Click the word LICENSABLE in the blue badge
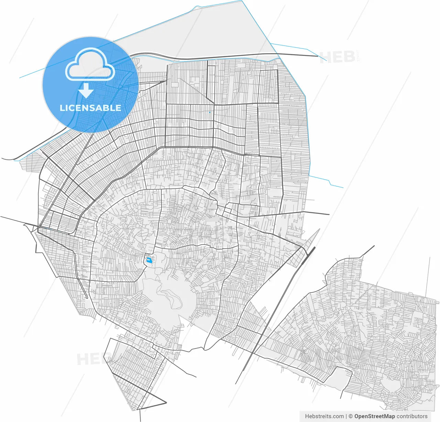[x=90, y=108]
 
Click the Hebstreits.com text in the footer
[x=324, y=416]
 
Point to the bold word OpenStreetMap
[x=374, y=416]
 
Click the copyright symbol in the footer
[x=351, y=416]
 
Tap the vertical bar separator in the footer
[x=346, y=416]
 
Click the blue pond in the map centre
[x=149, y=261]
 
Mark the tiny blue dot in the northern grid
[x=210, y=112]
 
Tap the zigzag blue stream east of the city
[x=327, y=181]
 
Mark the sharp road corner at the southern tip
[x=166, y=402]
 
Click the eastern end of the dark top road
[x=317, y=56]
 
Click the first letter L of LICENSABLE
[x=62, y=108]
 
